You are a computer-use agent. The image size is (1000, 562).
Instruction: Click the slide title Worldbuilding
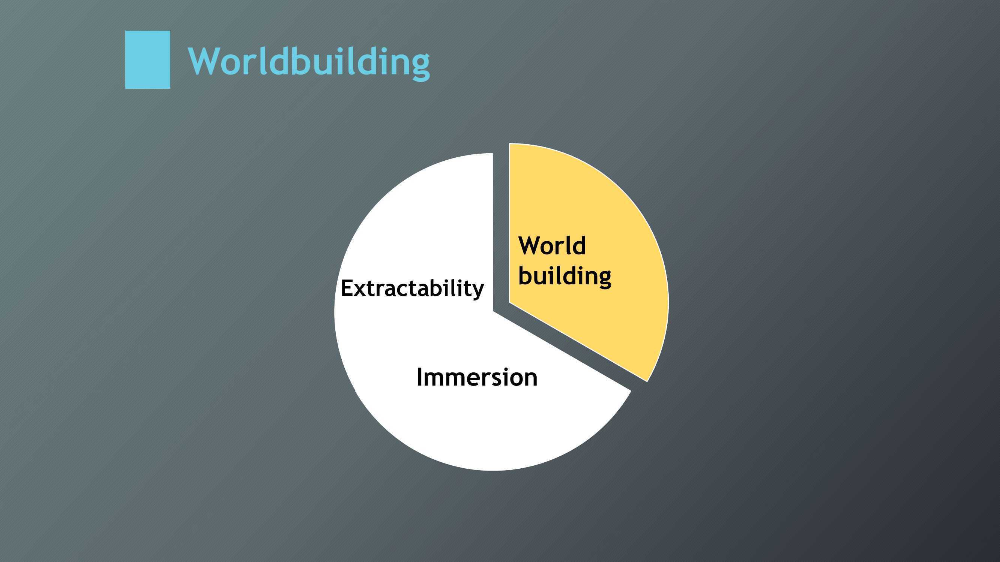(x=309, y=62)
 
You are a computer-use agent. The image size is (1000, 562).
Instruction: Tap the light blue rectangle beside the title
(x=147, y=60)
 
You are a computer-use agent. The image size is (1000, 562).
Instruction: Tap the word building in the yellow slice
(x=565, y=277)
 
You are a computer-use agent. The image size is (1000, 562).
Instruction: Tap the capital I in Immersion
(x=419, y=377)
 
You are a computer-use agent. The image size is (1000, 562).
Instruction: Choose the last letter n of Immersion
(x=530, y=380)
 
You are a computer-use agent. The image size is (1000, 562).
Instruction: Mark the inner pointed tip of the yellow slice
(x=509, y=302)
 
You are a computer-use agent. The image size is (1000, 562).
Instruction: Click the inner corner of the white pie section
(x=493, y=311)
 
